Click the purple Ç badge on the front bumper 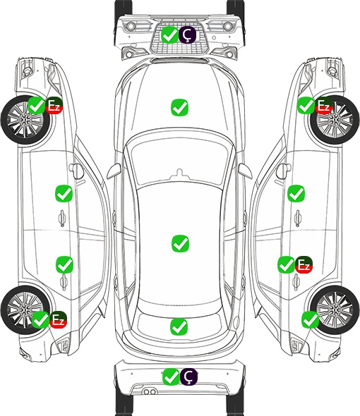tap(187, 35)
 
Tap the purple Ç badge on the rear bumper tap(188, 377)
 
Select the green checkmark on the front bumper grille tap(169, 35)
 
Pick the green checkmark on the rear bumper tap(171, 377)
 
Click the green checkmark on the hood tap(179, 107)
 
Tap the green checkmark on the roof tap(181, 243)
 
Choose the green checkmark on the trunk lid tap(179, 326)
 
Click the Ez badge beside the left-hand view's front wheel tap(54, 106)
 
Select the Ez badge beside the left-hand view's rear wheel tap(58, 319)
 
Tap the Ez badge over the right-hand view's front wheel tap(323, 106)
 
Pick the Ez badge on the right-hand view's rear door tap(304, 264)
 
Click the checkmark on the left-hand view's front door tap(64, 193)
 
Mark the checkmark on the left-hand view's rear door tap(64, 264)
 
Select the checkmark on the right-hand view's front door tap(296, 193)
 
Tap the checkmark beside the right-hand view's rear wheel tap(310, 319)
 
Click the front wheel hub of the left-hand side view tap(25, 120)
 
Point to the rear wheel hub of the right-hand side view tap(335, 310)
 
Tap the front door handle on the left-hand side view tap(62, 219)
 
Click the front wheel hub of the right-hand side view tap(335, 120)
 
